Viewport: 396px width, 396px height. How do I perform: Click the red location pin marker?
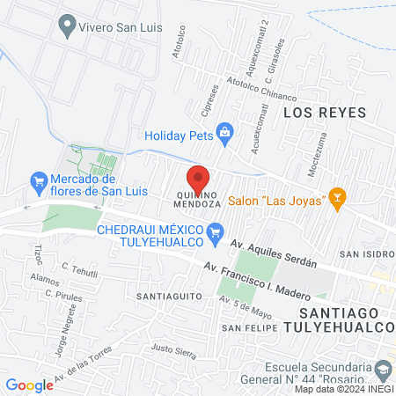199,176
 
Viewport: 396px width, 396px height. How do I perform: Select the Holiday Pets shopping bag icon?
225,135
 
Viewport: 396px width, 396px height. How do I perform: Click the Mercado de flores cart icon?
38,183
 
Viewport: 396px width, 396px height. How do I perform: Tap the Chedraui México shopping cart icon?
214,232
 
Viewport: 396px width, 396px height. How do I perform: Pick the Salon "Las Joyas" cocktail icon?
335,200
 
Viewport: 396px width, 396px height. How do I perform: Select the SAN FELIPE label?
244,328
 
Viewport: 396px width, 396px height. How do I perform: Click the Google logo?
29,385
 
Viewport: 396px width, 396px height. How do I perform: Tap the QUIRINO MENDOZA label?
199,198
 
